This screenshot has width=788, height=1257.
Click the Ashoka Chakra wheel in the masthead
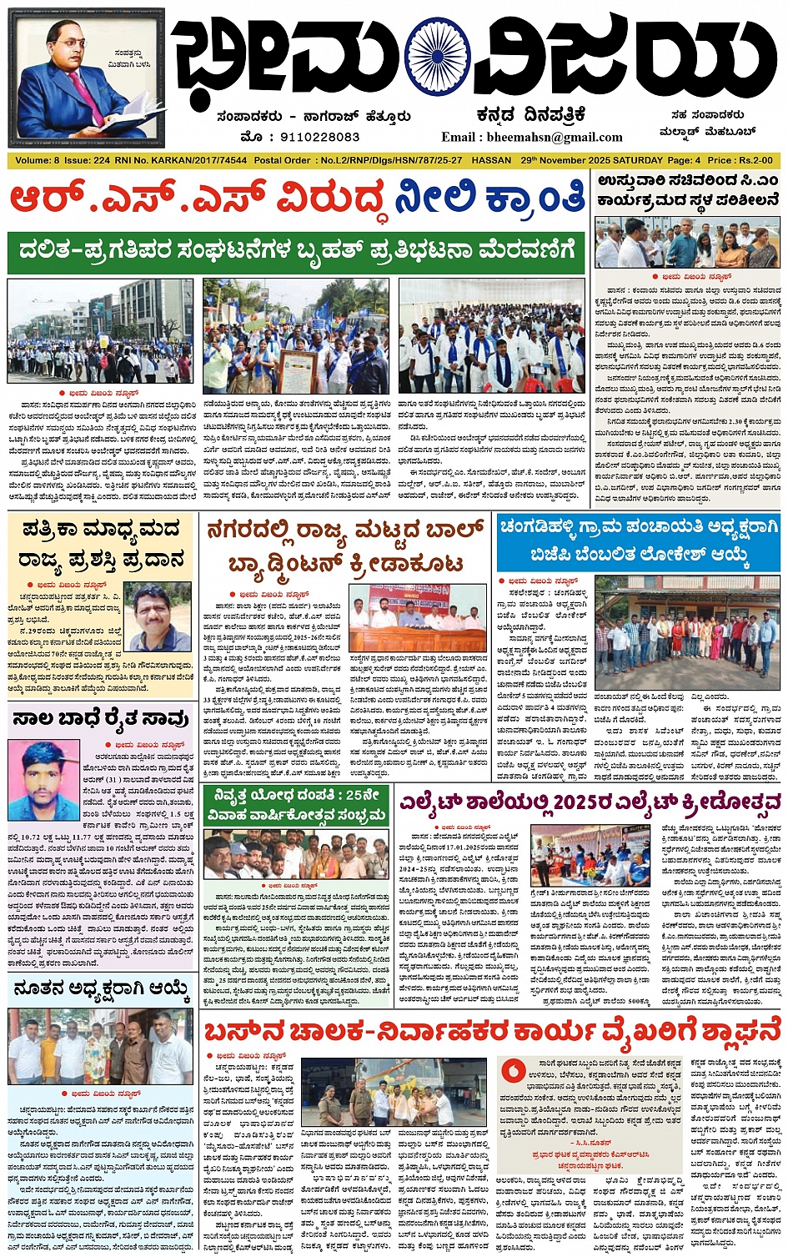click(x=437, y=57)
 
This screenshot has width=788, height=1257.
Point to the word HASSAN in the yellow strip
click(x=491, y=160)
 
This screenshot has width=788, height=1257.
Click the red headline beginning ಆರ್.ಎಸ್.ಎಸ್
click(x=297, y=200)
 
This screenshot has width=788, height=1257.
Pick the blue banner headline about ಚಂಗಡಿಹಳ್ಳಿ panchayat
click(x=638, y=541)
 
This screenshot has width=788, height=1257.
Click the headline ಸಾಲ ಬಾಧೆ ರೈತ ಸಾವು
click(x=100, y=717)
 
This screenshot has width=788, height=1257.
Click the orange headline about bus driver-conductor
click(x=492, y=1031)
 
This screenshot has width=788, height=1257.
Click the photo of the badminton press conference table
click(x=417, y=618)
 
